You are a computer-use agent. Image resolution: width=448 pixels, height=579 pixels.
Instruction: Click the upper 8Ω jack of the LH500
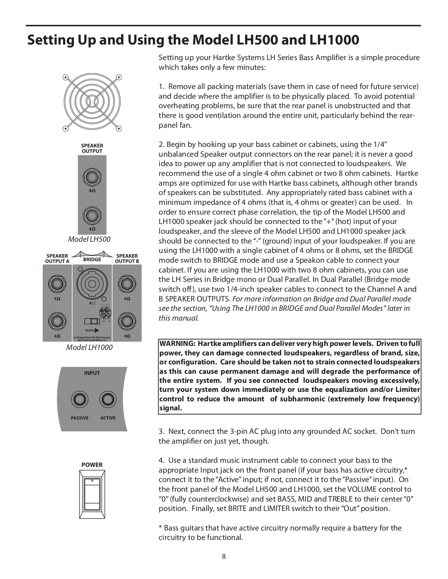click(x=92, y=177)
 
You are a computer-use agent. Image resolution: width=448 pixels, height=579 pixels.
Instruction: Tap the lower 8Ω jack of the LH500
click(x=92, y=216)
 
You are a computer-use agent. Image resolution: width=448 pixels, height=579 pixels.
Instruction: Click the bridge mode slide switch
click(x=92, y=322)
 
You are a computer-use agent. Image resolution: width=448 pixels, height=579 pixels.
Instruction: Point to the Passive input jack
click(x=79, y=400)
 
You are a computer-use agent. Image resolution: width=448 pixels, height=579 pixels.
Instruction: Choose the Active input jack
click(x=108, y=400)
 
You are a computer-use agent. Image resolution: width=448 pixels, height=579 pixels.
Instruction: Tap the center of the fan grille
click(x=92, y=103)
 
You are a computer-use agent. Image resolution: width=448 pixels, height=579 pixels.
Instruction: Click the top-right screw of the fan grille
click(x=119, y=77)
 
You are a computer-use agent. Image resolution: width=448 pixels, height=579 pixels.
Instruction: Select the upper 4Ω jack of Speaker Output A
click(x=57, y=283)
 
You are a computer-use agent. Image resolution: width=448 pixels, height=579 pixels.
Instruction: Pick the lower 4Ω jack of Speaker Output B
click(x=127, y=321)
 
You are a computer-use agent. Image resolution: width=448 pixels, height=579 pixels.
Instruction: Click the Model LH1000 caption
click(x=89, y=347)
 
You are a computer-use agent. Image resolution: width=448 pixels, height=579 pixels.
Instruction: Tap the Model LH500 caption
click(x=89, y=239)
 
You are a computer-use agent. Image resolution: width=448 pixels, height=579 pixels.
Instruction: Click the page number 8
click(x=224, y=557)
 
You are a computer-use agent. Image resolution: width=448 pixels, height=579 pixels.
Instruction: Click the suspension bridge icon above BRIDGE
click(x=92, y=254)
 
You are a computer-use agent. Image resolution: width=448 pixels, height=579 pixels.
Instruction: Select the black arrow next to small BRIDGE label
click(x=97, y=330)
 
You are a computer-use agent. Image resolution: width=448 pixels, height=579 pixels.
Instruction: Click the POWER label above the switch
click(x=92, y=465)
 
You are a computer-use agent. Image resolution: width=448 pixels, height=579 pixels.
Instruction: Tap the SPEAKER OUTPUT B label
click(x=127, y=258)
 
